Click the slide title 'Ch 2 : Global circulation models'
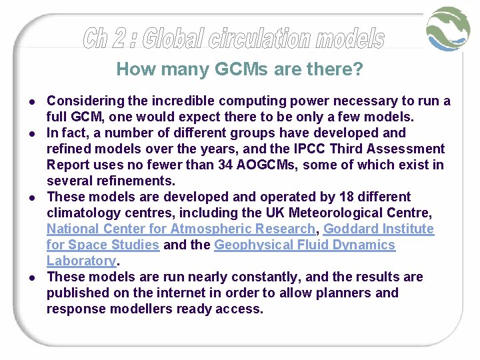coord(234,39)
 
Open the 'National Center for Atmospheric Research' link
coord(181,229)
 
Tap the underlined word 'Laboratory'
coord(81,261)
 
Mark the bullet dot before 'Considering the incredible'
coord(33,101)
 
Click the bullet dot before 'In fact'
coord(33,133)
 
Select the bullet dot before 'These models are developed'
coord(33,197)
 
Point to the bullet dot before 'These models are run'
coord(33,277)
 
